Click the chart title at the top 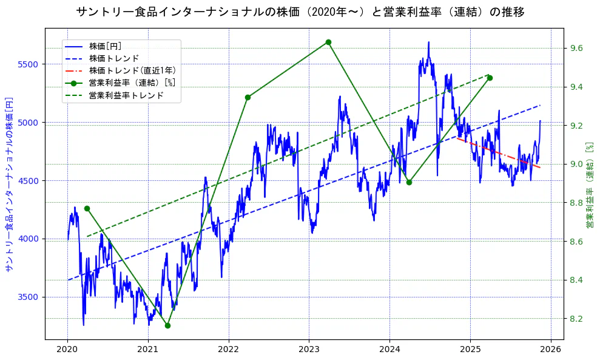click(300, 12)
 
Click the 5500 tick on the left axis click(29, 64)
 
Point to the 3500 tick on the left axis click(29, 297)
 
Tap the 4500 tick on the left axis click(29, 181)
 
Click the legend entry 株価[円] click(109, 46)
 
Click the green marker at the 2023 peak click(328, 42)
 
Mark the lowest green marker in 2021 click(167, 325)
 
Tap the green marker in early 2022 click(248, 97)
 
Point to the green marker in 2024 click(409, 182)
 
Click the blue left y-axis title click(9, 184)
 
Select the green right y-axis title click(589, 185)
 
